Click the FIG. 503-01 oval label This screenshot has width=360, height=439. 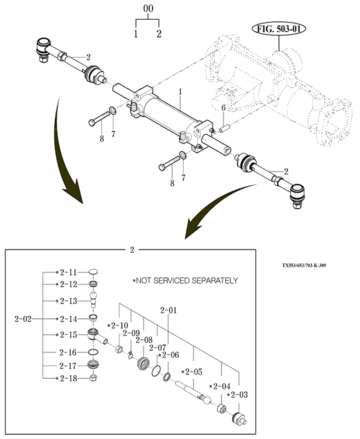(x=278, y=29)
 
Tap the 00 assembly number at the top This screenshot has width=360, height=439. (x=148, y=9)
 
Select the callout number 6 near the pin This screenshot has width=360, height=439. (x=224, y=107)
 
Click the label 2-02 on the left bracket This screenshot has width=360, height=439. (x=23, y=318)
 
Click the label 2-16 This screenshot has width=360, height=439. (x=68, y=352)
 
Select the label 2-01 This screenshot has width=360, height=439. (x=169, y=310)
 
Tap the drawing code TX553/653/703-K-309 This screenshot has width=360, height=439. (x=304, y=265)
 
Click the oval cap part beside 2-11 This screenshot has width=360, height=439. (x=94, y=272)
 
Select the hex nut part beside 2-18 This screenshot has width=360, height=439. (x=94, y=378)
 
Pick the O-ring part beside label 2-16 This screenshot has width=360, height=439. (x=93, y=352)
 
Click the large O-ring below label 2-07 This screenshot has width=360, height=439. (x=156, y=371)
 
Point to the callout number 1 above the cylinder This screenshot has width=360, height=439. (x=181, y=92)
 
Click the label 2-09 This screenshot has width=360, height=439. (x=132, y=333)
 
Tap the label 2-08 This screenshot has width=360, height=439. (x=144, y=340)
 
